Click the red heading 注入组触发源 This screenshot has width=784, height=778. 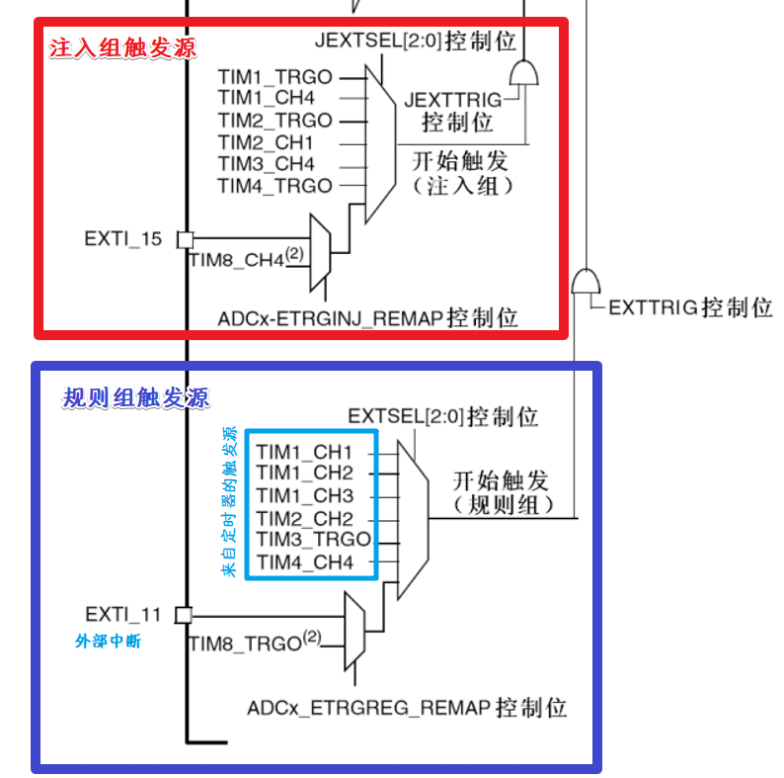coord(123,47)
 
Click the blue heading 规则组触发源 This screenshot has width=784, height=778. coord(135,398)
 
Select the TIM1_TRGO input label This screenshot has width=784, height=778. coord(274,76)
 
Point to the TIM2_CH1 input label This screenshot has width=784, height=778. coord(266,142)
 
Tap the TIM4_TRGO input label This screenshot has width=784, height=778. coord(274,186)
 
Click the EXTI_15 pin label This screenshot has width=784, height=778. coord(123,239)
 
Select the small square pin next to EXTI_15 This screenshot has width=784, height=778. coord(185,239)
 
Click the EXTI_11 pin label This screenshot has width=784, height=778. coord(122,614)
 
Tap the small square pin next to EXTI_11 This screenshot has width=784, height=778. coord(183,615)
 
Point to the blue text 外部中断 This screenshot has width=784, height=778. coord(109,642)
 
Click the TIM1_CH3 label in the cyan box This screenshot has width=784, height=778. coord(304,495)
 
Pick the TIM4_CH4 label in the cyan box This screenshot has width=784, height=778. coord(304,562)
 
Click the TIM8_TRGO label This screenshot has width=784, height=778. coord(245,644)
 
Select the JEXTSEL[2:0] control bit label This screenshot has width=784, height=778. coord(416,42)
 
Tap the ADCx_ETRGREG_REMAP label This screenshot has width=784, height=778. coord(407,708)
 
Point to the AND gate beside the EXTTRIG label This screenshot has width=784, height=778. coord(586,281)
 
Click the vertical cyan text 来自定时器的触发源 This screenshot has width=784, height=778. coord(229,502)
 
